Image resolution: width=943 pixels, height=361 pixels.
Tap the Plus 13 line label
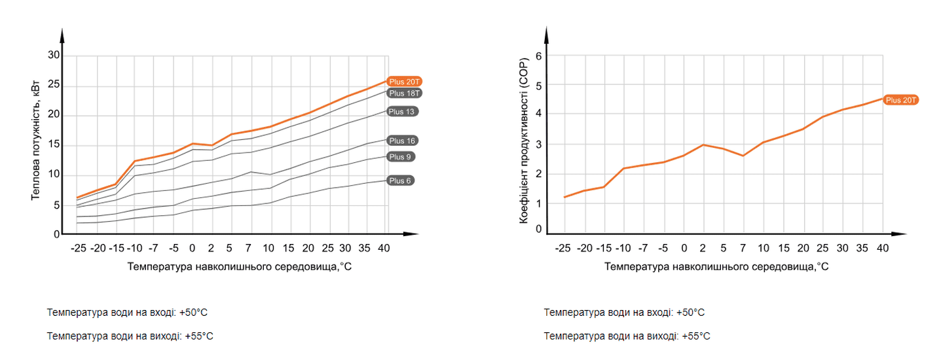(402, 111)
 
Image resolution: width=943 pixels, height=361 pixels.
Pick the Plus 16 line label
(402, 141)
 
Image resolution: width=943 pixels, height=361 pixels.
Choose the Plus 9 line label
(401, 156)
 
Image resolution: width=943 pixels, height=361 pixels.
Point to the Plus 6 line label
(401, 180)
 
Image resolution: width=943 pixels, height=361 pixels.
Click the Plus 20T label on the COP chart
(902, 100)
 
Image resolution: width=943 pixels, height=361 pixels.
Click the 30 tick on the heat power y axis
(54, 56)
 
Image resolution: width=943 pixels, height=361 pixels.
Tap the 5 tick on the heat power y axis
(56, 205)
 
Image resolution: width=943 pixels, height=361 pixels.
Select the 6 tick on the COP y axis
(539, 56)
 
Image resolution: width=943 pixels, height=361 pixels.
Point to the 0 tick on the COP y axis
(539, 230)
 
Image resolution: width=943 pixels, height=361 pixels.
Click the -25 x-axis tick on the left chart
(78, 249)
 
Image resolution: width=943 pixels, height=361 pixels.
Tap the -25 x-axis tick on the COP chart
(563, 249)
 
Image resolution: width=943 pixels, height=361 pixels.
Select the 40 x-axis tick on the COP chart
(883, 249)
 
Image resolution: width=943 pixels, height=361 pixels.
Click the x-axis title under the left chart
(240, 267)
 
